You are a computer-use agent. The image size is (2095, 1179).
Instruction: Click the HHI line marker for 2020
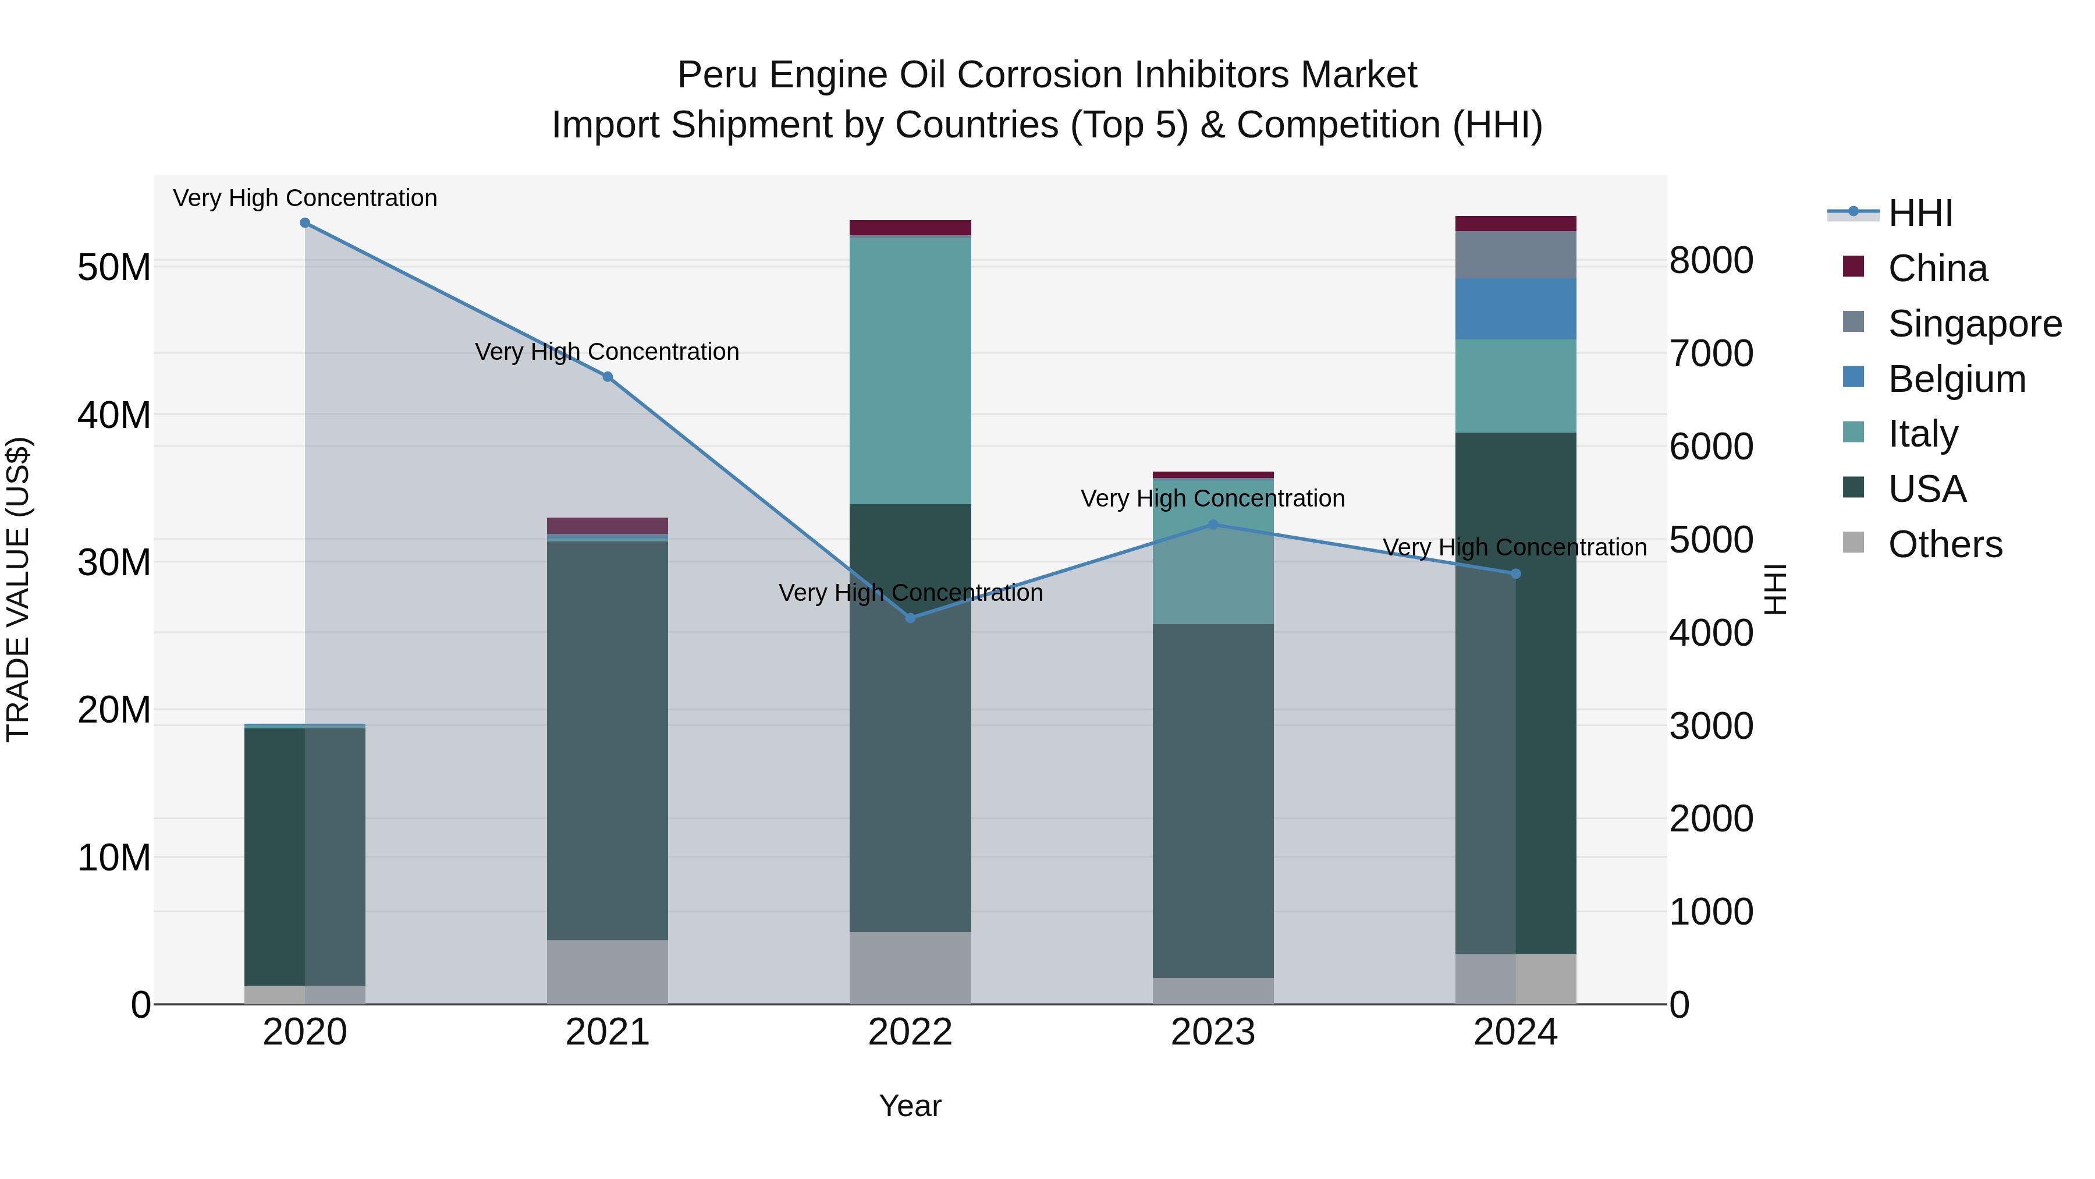click(305, 223)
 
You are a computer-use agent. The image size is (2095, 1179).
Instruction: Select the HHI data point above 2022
click(910, 618)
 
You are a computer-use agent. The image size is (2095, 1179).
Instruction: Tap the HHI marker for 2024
click(1515, 573)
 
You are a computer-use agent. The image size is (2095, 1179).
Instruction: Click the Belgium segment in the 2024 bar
click(1515, 309)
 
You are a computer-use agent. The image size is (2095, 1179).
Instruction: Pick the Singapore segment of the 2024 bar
click(1515, 254)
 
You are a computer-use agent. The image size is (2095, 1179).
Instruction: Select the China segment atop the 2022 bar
click(910, 228)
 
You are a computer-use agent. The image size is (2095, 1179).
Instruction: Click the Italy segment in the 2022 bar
click(910, 370)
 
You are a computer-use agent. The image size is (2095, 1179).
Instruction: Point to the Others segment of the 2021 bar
click(608, 972)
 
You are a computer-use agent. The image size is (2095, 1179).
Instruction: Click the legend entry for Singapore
click(1975, 324)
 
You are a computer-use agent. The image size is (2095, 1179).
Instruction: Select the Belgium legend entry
click(1956, 379)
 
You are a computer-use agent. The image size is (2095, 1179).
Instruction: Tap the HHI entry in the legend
click(1919, 213)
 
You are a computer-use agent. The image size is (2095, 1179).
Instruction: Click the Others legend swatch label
click(1944, 544)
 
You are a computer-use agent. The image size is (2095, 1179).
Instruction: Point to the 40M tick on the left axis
click(114, 415)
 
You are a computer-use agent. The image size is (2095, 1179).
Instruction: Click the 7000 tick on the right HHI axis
click(1711, 354)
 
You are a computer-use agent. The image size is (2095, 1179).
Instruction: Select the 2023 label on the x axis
click(1213, 1032)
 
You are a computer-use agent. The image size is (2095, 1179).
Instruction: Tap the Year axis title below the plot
click(910, 1106)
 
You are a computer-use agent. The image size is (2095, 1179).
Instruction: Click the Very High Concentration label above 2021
click(608, 352)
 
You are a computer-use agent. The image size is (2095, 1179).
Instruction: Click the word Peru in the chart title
click(718, 76)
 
